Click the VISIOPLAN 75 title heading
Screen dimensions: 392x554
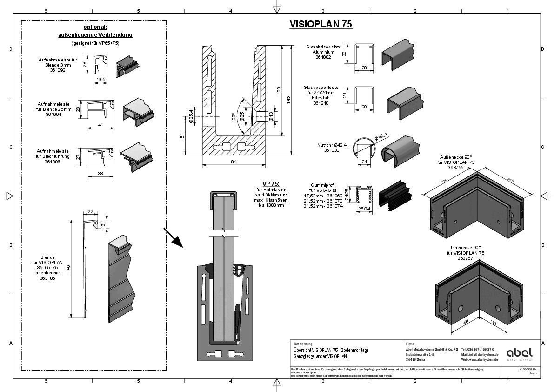(320, 24)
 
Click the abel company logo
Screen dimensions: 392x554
(520, 352)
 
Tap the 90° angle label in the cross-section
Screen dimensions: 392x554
(234, 116)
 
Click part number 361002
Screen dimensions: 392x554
(323, 57)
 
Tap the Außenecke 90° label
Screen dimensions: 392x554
(455, 157)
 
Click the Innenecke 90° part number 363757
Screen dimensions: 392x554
(468, 258)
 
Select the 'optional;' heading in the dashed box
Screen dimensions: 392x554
(95, 27)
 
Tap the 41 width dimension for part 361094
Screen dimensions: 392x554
(100, 124)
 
